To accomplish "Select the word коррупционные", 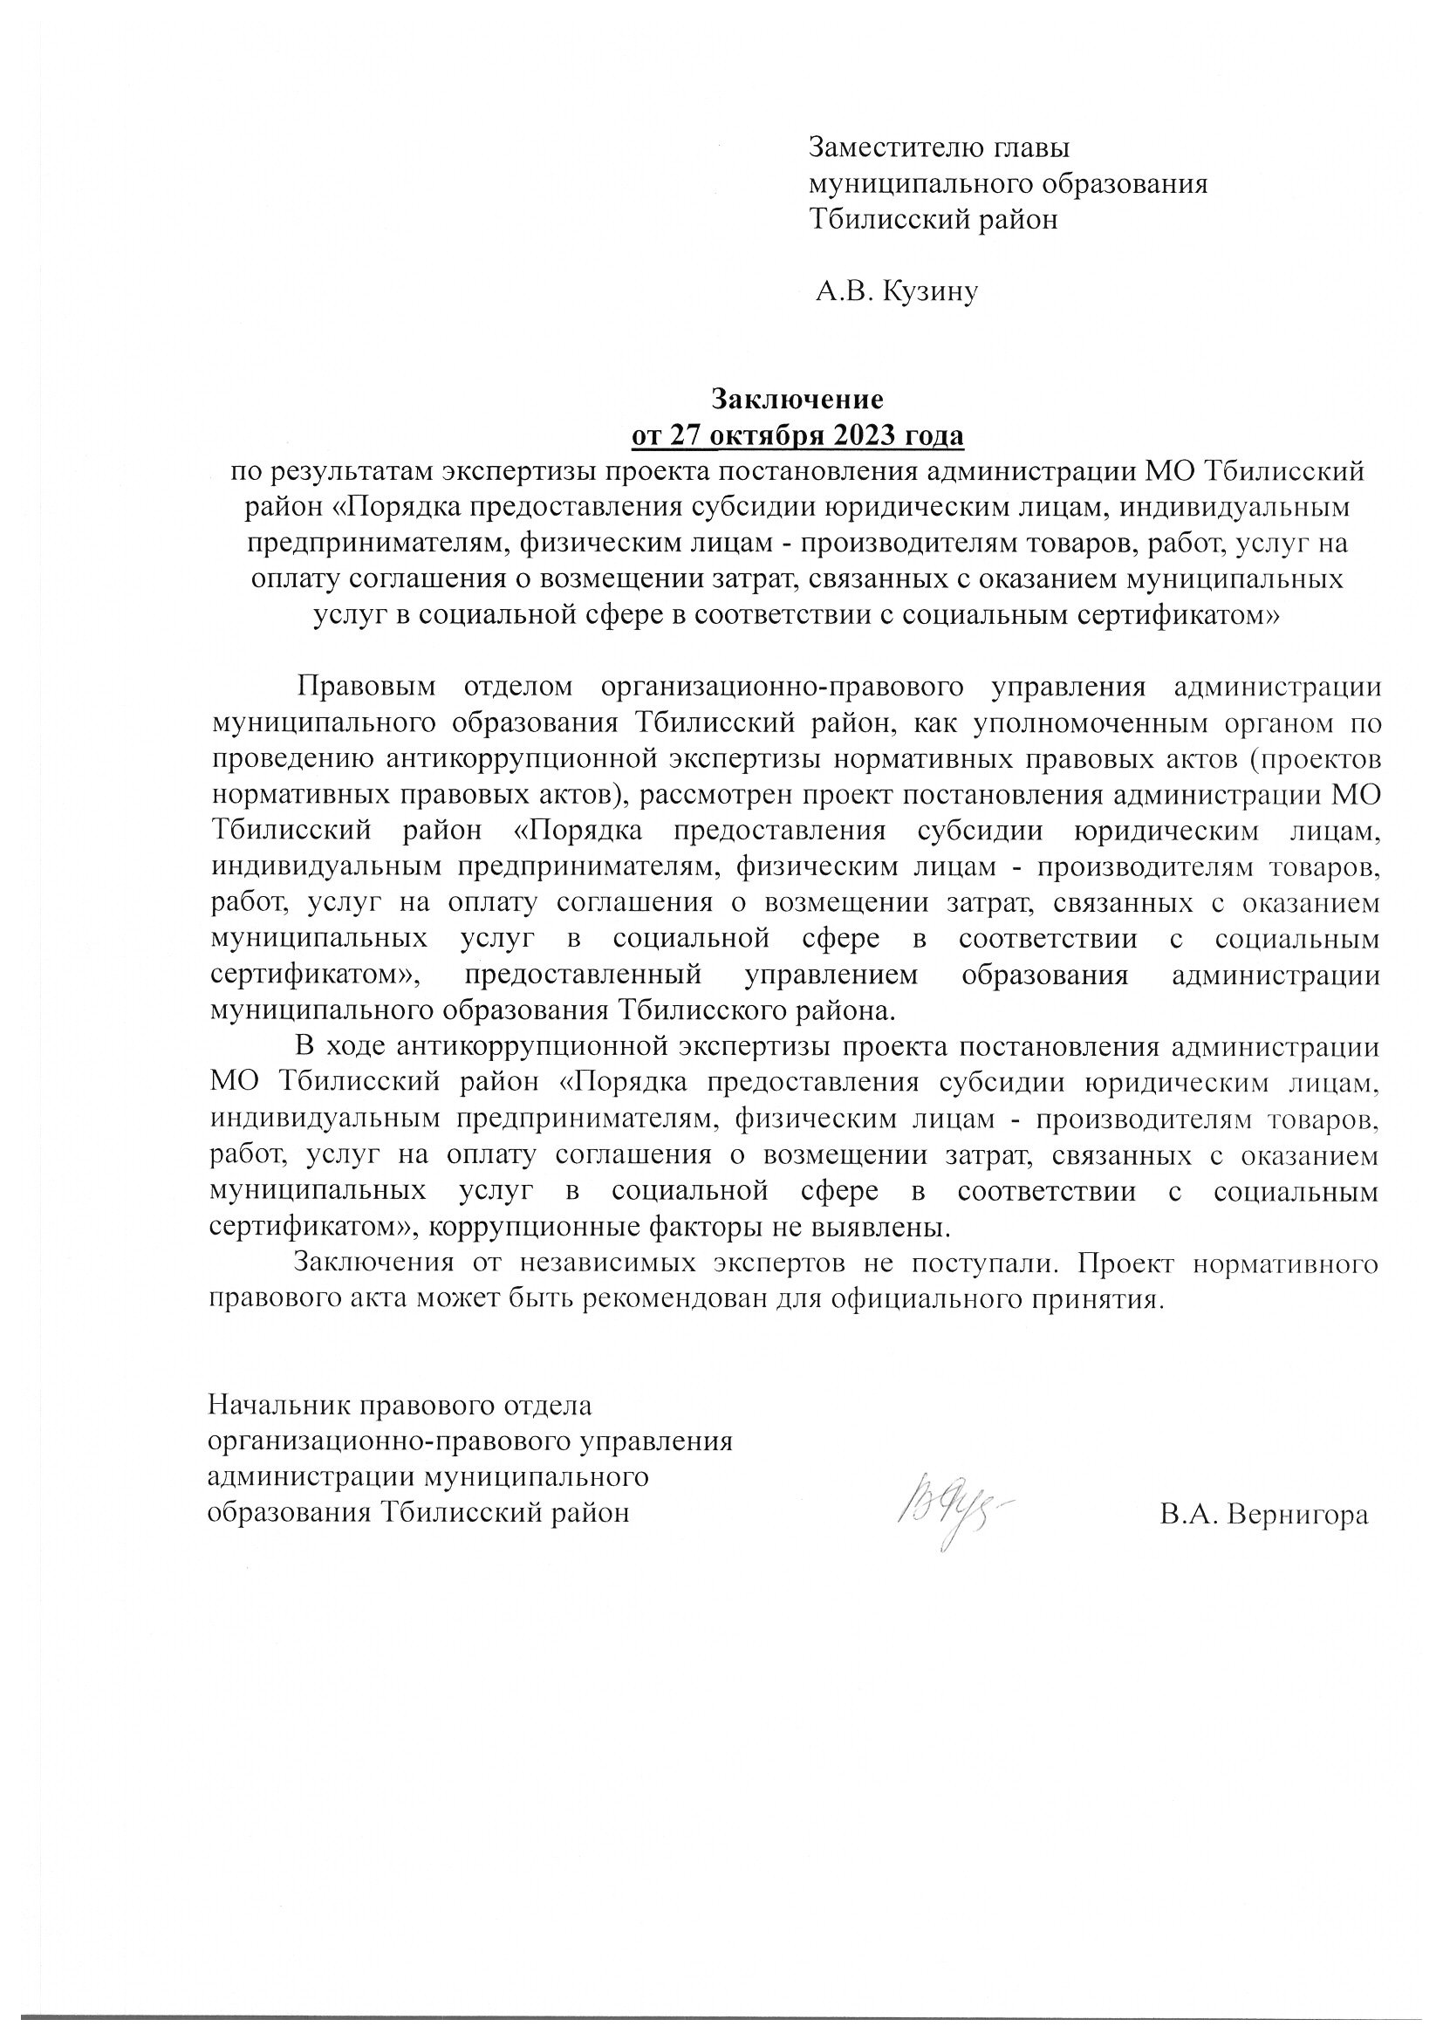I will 523,1228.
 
